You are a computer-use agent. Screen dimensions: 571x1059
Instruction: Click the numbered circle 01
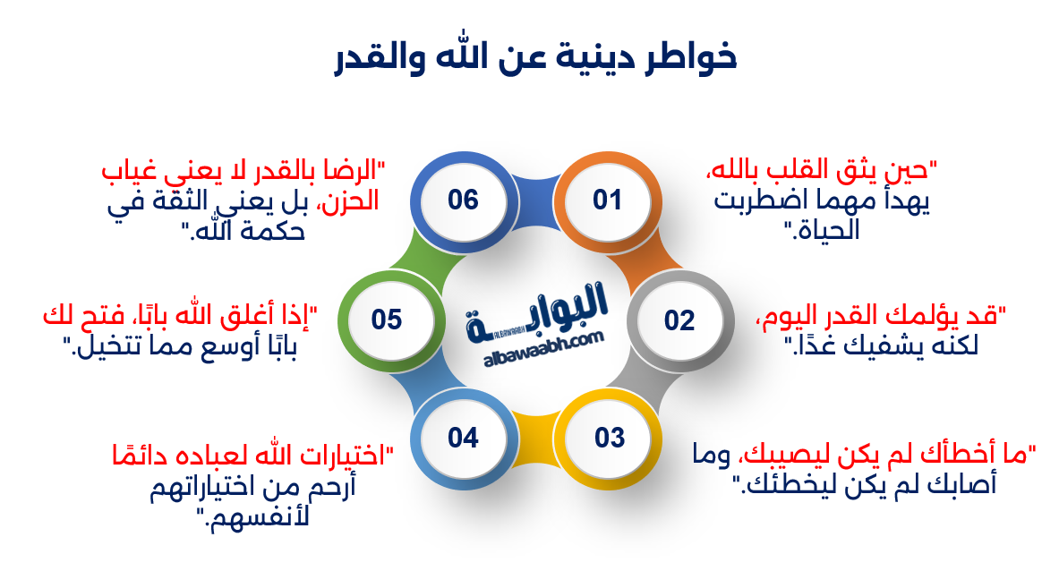tap(606, 199)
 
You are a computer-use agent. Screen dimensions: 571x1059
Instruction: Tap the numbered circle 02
tap(679, 320)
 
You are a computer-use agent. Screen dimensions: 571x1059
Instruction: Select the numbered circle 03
tap(609, 438)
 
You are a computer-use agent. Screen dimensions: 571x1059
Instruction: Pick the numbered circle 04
tap(463, 438)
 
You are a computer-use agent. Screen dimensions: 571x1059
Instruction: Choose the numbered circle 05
tap(387, 320)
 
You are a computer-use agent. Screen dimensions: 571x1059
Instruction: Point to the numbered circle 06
tap(463, 199)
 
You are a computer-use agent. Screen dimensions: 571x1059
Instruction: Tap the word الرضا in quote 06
tap(356, 169)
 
